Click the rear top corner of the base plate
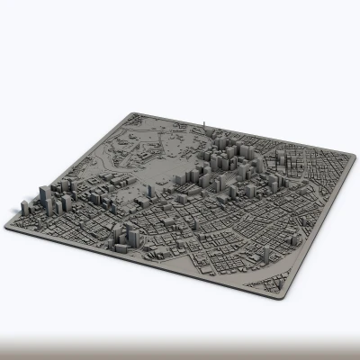tap(132, 113)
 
